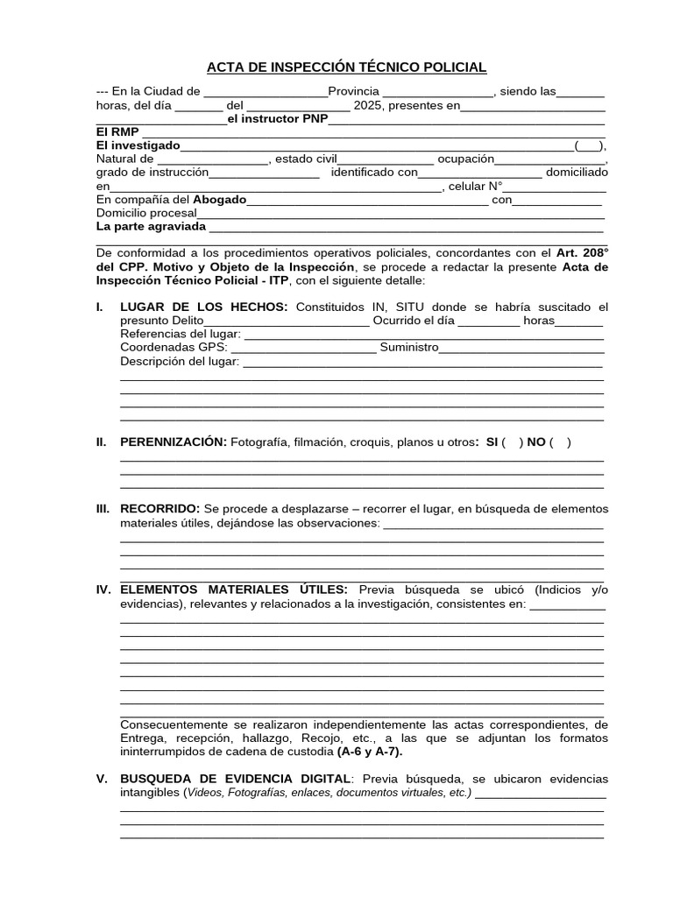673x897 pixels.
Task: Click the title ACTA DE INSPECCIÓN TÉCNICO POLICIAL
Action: (x=346, y=67)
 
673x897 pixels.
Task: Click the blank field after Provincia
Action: (x=438, y=92)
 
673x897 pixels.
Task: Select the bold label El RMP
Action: (x=117, y=131)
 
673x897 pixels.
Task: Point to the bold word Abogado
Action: (x=220, y=199)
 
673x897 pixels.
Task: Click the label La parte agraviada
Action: (x=151, y=226)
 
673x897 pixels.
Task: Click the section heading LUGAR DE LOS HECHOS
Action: (x=203, y=307)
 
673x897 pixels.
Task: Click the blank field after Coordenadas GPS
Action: (x=303, y=348)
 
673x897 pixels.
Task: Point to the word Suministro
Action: (x=408, y=348)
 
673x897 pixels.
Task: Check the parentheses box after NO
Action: (x=561, y=442)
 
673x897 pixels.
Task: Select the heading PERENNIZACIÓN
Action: (x=174, y=442)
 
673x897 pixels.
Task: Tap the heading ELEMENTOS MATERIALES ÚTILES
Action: (x=234, y=590)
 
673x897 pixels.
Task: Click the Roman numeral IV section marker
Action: (x=103, y=590)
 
